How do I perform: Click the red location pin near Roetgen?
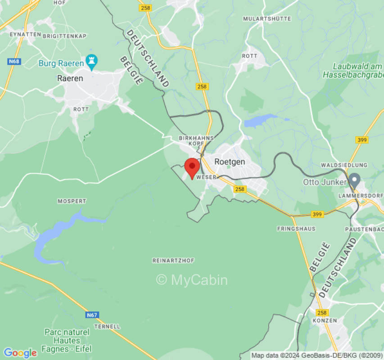point(193,167)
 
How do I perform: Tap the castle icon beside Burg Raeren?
point(91,62)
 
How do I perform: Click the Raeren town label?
point(70,78)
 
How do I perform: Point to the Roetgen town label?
point(230,162)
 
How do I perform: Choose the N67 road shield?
point(92,315)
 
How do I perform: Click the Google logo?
point(19,353)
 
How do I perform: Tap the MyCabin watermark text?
point(192,280)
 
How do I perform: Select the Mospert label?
point(72,201)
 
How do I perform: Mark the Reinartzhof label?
point(173,261)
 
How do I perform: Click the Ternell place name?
point(108,326)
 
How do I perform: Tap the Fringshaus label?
point(296,229)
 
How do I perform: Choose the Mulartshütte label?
point(267,18)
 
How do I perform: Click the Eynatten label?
point(26,34)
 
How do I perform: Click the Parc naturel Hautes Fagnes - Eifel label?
point(67,340)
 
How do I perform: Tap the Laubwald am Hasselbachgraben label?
point(352,70)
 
